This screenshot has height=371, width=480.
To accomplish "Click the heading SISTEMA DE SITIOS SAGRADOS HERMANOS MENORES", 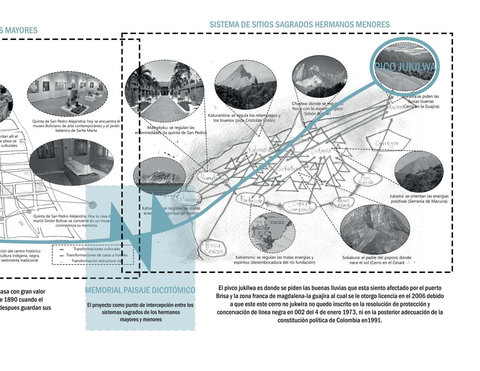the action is (299, 24).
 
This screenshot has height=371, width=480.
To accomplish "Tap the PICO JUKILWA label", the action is (405, 67).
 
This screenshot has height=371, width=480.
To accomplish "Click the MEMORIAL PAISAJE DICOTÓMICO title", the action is (140, 290).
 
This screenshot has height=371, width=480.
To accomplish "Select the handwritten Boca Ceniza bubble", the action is (214, 248).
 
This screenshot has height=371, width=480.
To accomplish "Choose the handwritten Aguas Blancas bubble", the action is (343, 202).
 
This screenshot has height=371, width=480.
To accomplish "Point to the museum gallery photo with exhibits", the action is (67, 93).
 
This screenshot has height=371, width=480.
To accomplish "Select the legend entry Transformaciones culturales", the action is (97, 249).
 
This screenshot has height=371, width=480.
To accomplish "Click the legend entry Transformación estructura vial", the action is (96, 261).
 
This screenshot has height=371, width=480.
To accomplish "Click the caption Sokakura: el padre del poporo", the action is (376, 257).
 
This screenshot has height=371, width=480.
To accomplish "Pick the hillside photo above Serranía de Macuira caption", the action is (419, 171).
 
